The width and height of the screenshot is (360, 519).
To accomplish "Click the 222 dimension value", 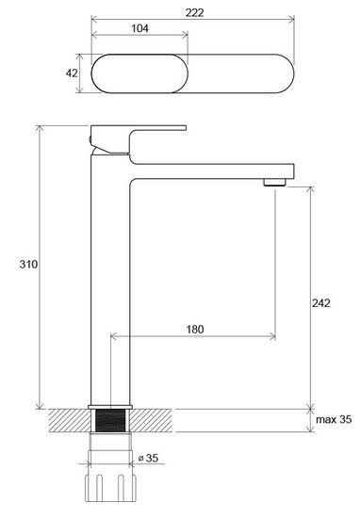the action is coord(194,12).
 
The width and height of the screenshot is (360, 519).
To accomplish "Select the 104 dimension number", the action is coord(139,28).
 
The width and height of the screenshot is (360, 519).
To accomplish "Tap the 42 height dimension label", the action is coord(72,73).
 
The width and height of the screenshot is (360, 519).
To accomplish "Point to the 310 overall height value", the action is coord(28,264).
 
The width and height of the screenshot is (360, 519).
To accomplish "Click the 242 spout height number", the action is coord(321,303).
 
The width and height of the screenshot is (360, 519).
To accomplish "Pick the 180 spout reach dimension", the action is coord(195,329).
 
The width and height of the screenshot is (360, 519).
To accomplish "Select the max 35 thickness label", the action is coord(334,419).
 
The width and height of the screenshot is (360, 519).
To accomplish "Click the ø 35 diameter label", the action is coord(148,458).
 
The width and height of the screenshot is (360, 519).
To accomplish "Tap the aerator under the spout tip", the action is coord(274,182).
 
